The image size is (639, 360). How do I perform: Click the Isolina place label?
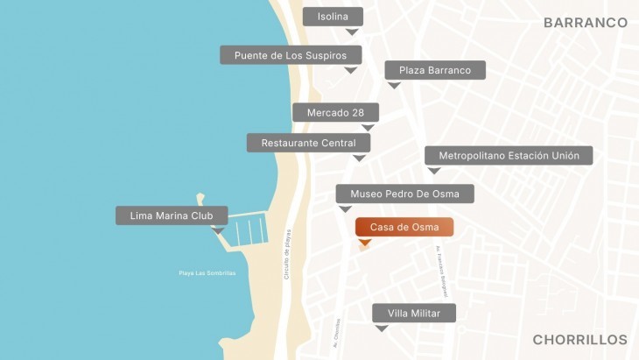[x=333, y=17]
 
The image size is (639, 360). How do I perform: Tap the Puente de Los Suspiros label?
[x=291, y=55]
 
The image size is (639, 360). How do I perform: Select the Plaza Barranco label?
[x=435, y=70]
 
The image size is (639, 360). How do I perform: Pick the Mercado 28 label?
[x=335, y=112]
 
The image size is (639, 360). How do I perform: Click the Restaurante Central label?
[x=308, y=143]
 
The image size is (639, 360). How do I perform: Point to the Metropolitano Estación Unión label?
[x=509, y=155]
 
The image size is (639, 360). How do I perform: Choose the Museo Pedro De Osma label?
[x=404, y=194]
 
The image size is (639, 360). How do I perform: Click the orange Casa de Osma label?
[x=404, y=227]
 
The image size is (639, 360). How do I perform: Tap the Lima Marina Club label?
[x=172, y=215]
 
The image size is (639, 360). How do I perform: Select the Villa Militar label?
[x=413, y=314]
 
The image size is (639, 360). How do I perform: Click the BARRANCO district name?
[x=585, y=23]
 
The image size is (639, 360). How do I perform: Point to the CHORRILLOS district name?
[x=579, y=339]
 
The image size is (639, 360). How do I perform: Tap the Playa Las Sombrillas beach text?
[x=207, y=273]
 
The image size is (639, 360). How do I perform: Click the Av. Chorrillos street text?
[x=336, y=333]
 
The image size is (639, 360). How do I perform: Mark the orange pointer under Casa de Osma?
[x=365, y=242]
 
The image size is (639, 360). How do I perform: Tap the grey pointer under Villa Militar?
[x=381, y=328]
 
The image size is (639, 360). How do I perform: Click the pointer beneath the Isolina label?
[x=352, y=32]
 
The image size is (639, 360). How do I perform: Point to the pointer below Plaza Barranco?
[x=394, y=85]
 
